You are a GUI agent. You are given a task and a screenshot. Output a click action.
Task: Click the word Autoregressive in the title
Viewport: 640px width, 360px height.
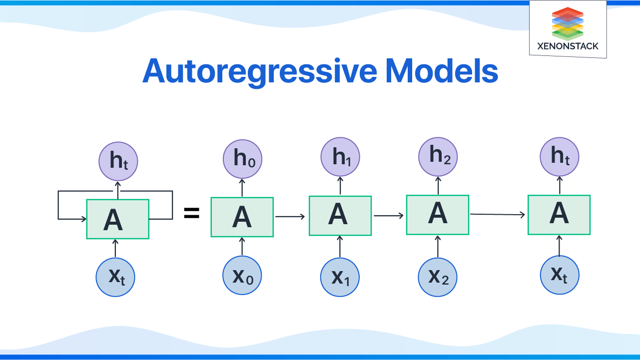coord(259,71)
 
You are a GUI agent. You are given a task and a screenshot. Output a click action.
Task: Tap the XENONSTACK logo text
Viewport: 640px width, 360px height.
coord(567,46)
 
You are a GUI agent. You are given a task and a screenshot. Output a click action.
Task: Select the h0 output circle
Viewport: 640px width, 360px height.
coord(242,159)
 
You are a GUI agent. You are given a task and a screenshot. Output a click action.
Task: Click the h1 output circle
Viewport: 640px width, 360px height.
coord(340,158)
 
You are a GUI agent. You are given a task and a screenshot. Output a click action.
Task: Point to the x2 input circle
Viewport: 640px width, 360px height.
coord(438,277)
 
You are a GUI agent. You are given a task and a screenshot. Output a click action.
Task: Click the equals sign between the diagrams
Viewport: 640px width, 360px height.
coord(192,215)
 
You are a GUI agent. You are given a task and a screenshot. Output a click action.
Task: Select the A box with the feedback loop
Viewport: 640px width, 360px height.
coord(118,219)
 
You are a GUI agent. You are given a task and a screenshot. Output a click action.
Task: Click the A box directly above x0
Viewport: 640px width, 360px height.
coord(242,217)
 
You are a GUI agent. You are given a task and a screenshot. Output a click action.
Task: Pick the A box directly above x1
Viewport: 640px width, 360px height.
coord(340,215)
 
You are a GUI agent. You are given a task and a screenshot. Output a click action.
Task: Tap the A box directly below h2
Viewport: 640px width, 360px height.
coord(438,214)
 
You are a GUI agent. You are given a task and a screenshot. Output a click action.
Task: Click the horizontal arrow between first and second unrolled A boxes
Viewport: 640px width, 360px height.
coord(290,216)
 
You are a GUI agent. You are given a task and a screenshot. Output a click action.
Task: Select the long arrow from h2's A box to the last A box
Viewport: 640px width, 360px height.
coord(498,214)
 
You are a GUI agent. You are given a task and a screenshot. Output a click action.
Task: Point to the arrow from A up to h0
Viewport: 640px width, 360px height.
coord(242,188)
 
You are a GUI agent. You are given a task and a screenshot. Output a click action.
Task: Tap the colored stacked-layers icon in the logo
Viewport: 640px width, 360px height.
coord(567,23)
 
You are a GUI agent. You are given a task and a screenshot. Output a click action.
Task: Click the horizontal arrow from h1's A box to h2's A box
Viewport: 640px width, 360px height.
coord(389,216)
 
